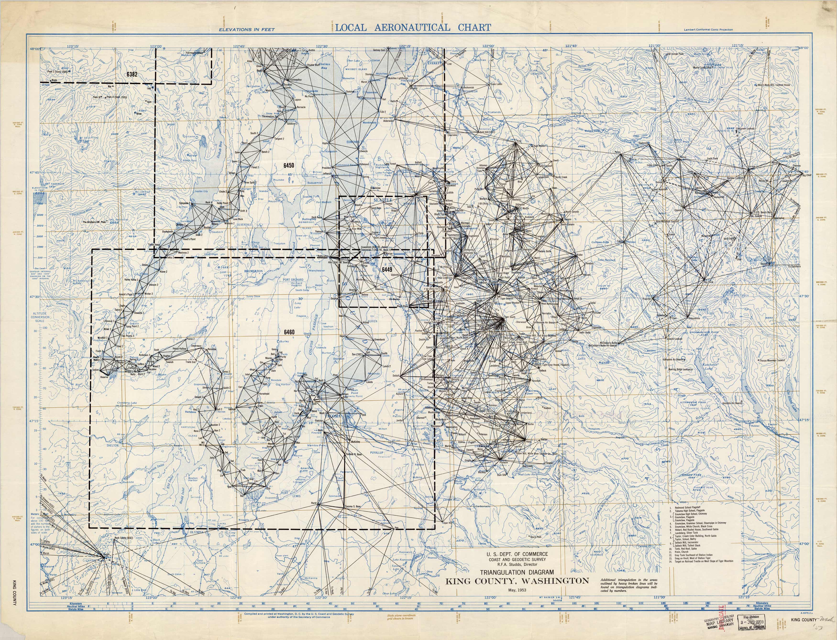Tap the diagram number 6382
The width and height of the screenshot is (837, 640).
tap(132, 74)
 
